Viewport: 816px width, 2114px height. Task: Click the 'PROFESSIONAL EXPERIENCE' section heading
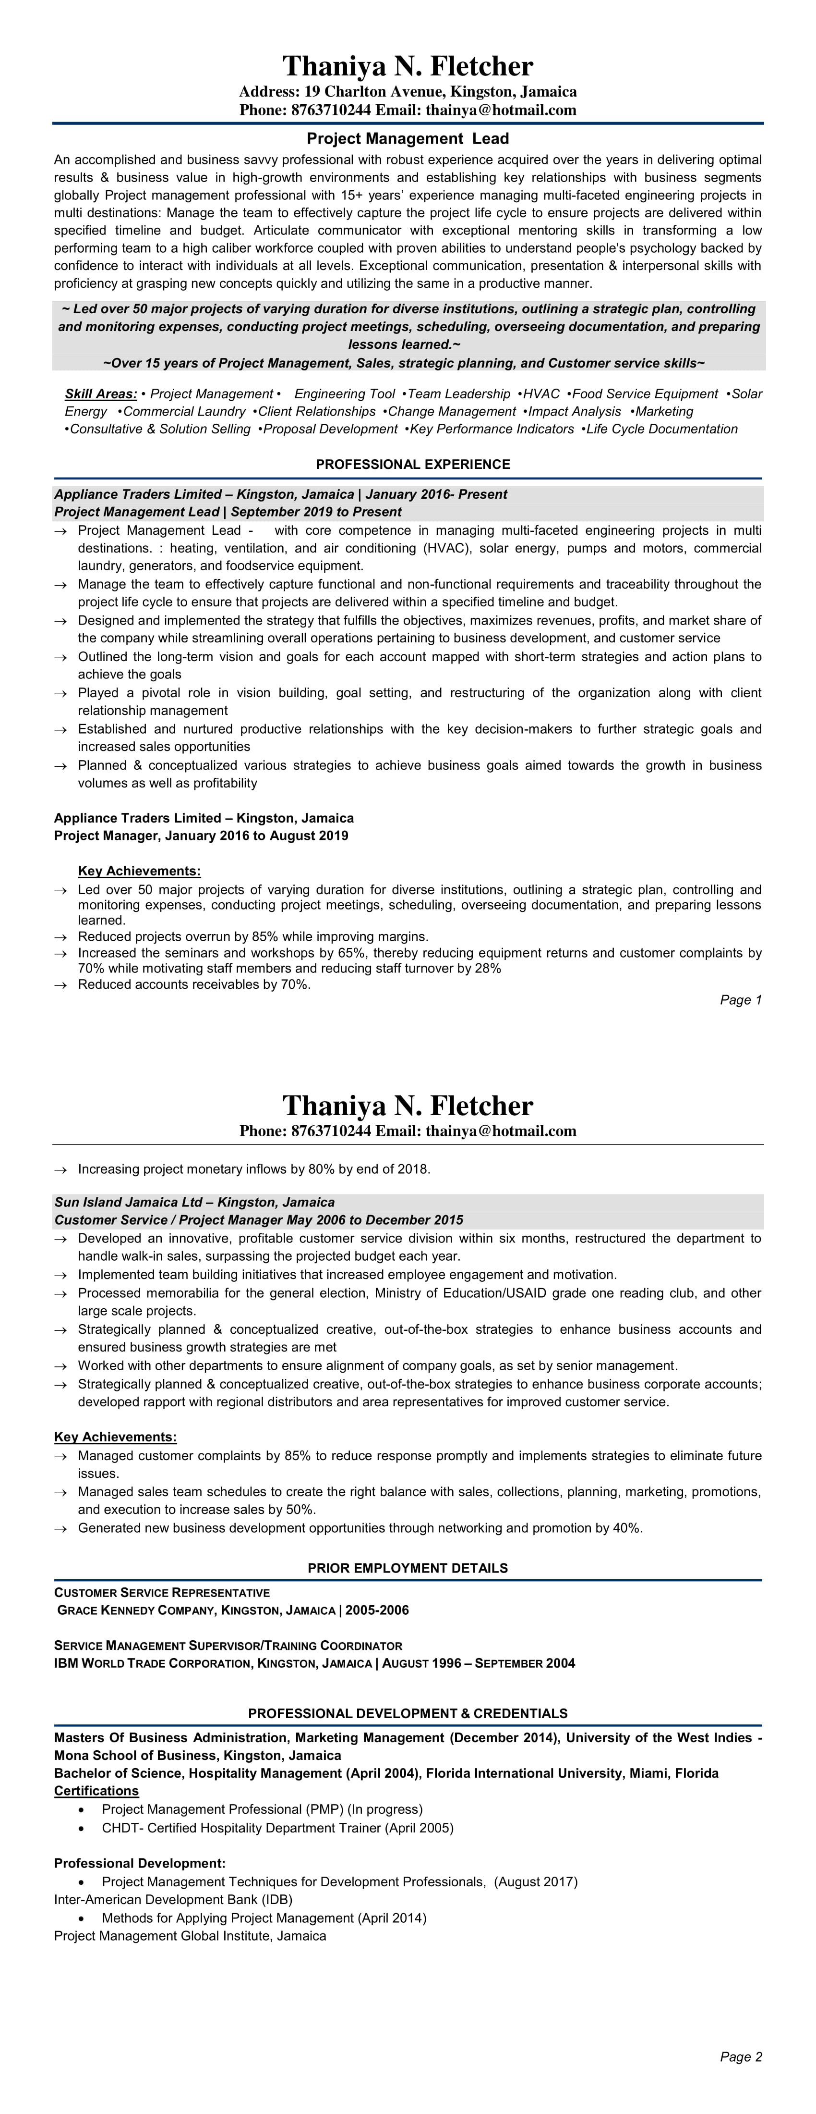click(x=412, y=465)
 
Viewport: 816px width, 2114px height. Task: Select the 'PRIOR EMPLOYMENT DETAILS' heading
click(x=408, y=1568)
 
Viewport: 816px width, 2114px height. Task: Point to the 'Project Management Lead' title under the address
click(x=408, y=139)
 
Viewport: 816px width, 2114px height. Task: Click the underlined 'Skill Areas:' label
click(x=101, y=394)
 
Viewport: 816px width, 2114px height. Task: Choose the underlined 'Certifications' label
click(x=96, y=1791)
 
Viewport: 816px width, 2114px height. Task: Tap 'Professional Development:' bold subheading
click(x=139, y=1864)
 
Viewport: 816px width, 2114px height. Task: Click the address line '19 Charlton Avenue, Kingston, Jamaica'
click(x=440, y=92)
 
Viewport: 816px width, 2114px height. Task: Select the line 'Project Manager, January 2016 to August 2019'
click(x=201, y=836)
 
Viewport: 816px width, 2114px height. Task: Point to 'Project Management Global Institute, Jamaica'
click(x=190, y=1936)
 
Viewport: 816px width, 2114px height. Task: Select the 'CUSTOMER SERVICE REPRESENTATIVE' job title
click(x=162, y=1593)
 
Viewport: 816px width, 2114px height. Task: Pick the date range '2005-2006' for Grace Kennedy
click(x=377, y=1610)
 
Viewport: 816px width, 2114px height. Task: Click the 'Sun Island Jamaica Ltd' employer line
click(x=194, y=1202)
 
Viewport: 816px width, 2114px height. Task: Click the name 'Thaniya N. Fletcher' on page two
click(x=408, y=1106)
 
